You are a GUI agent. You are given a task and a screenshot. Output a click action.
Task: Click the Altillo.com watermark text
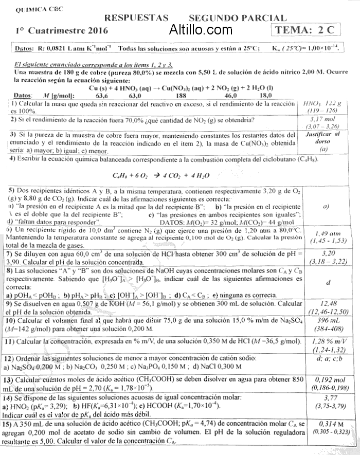(x=201, y=30)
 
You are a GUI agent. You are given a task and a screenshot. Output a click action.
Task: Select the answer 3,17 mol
(x=322, y=119)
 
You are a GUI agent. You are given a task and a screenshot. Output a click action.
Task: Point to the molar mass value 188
(x=181, y=95)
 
